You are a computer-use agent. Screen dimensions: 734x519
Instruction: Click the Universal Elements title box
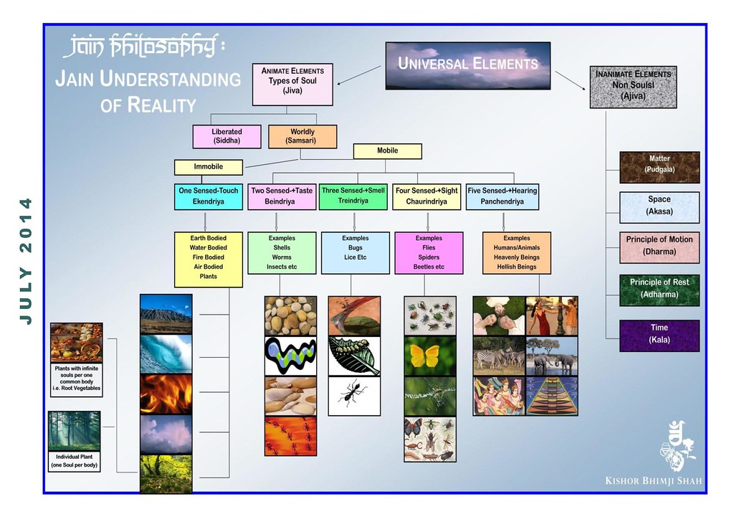467,65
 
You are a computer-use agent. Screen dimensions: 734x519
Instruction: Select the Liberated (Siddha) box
227,136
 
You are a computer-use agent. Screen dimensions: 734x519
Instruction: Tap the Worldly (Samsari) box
302,136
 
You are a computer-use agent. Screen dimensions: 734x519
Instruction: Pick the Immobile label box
209,167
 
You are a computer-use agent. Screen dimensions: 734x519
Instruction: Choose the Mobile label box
388,151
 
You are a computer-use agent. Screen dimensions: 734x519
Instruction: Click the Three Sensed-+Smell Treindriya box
353,196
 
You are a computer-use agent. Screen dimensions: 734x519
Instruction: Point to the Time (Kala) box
659,335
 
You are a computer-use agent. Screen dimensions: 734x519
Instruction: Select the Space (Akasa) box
659,207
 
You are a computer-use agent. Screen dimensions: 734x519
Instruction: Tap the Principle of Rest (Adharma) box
659,290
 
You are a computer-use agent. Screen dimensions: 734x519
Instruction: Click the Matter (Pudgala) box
659,167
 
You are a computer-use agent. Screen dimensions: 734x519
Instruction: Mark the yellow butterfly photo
430,356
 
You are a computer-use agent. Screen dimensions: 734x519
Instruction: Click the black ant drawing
354,396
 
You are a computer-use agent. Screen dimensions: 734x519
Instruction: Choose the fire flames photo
166,394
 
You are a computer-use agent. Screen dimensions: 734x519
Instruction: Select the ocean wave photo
166,354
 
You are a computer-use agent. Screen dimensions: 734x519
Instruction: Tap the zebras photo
499,356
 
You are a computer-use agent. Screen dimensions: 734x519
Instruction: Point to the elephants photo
551,356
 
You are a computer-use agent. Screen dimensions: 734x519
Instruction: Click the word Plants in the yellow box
209,277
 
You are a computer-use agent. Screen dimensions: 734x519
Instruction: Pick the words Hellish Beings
517,267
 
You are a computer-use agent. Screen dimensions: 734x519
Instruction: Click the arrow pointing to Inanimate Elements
570,80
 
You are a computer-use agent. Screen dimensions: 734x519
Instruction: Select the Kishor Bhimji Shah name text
654,480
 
